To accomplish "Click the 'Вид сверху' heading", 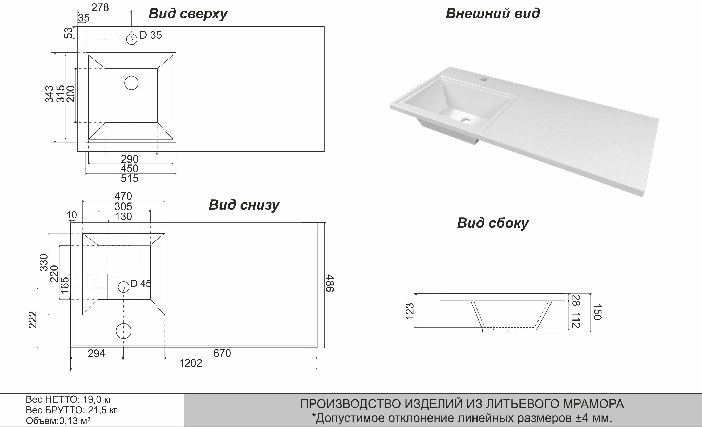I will pyautogui.click(x=188, y=14).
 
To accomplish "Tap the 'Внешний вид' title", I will pyautogui.click(x=493, y=13).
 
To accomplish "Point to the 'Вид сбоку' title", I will pyautogui.click(x=493, y=223).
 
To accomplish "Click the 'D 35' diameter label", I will pyautogui.click(x=150, y=35).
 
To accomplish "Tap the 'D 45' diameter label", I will pyautogui.click(x=141, y=284).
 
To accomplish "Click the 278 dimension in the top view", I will pyautogui.click(x=100, y=7).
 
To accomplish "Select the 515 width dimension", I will pyautogui.click(x=130, y=178).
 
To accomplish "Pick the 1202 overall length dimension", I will pyautogui.click(x=191, y=363).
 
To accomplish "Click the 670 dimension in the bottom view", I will pyautogui.click(x=222, y=353).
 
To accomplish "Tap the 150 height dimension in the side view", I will pyautogui.click(x=597, y=312).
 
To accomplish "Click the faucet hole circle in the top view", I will pyautogui.click(x=132, y=39).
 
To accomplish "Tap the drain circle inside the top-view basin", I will pyautogui.click(x=131, y=83).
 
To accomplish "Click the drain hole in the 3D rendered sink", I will pyautogui.click(x=466, y=120).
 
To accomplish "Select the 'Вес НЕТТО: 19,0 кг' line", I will pyautogui.click(x=69, y=399).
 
